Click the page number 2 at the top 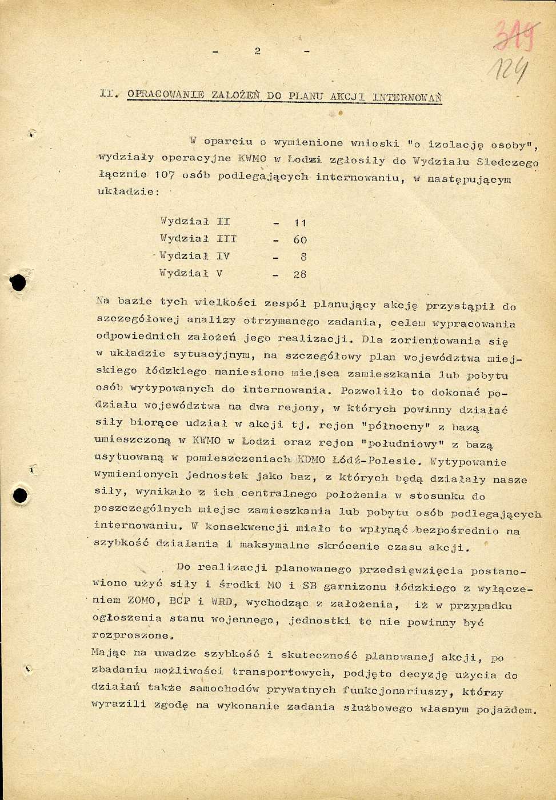[258, 51]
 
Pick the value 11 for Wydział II [300, 223]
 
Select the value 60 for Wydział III [300, 240]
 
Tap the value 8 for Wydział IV [303, 257]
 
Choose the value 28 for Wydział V [300, 274]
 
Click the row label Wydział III [198, 239]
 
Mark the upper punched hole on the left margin [19, 282]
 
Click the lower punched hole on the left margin [21, 495]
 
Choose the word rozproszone [131, 635]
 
